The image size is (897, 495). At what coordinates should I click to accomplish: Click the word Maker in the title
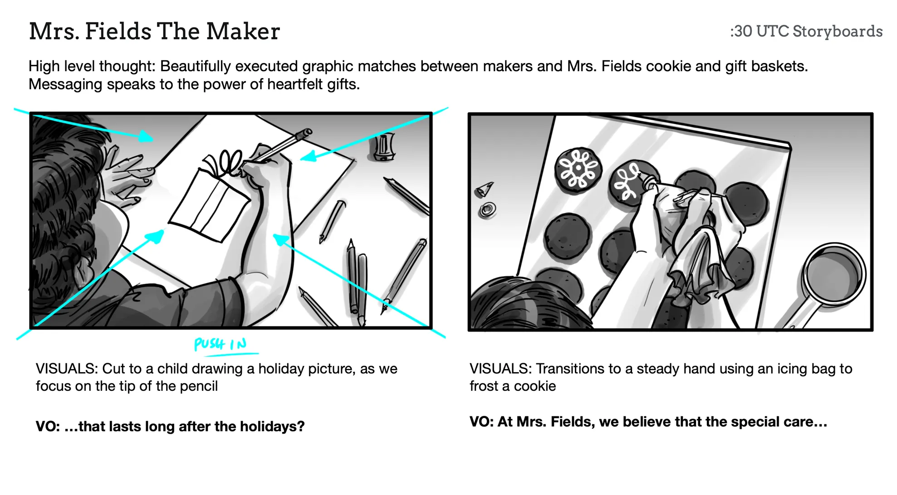[x=243, y=31]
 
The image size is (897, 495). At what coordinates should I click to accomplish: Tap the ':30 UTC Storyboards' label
[x=806, y=31]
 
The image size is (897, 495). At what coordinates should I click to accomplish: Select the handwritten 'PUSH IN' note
[x=221, y=344]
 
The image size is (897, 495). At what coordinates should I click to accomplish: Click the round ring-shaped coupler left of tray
[x=488, y=209]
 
